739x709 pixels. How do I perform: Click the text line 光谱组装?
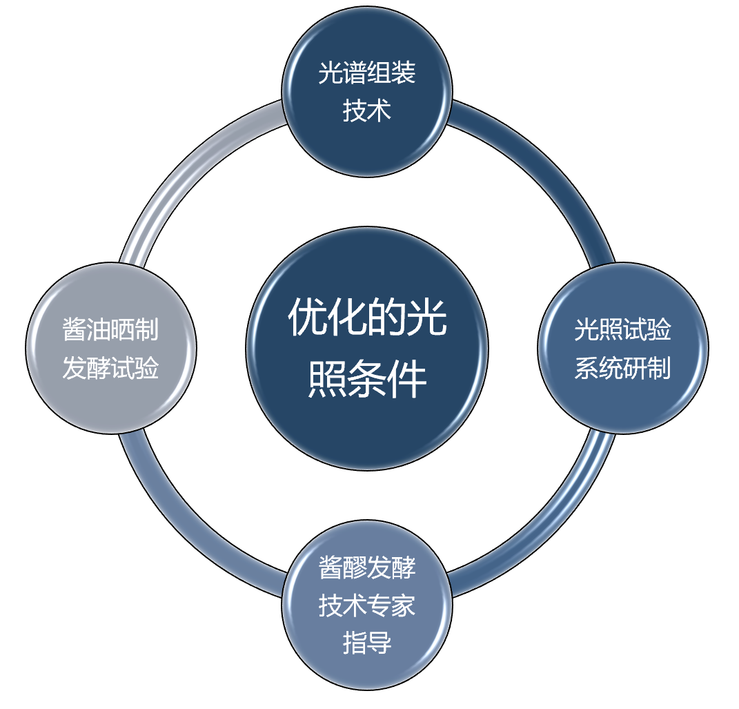tap(367, 72)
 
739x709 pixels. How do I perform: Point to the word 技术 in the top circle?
tap(367, 110)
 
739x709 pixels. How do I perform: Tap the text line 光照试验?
tap(622, 330)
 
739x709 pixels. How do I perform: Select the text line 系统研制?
tap(622, 368)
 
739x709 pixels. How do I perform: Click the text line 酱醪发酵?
tap(367, 567)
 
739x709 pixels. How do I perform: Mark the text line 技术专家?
tap(367, 605)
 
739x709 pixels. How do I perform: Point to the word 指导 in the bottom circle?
tap(367, 643)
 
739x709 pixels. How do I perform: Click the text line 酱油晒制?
tap(110, 330)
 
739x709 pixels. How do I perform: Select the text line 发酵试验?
tap(110, 368)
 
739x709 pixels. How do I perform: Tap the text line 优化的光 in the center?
tap(367, 320)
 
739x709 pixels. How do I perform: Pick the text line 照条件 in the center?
tap(367, 378)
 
